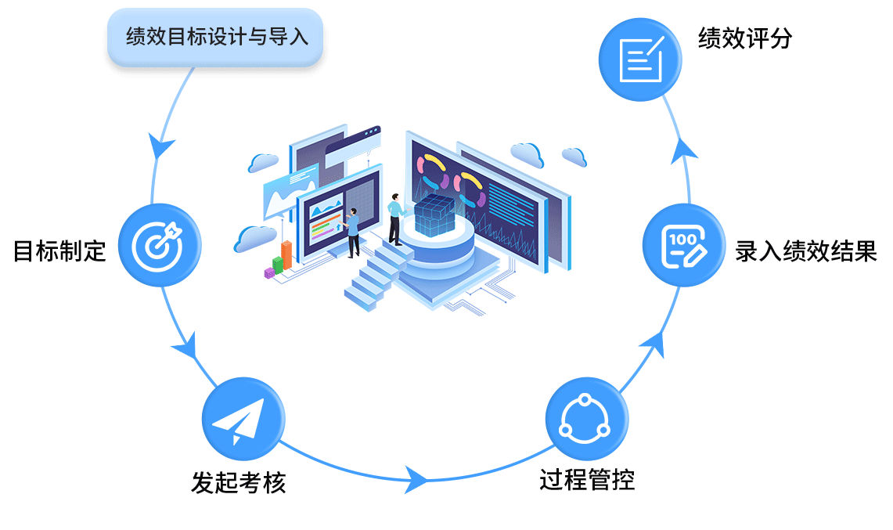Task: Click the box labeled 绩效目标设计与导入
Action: (215, 37)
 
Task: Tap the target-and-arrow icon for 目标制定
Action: (160, 244)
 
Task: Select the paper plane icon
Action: (243, 417)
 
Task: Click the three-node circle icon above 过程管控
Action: (585, 420)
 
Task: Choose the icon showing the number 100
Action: (683, 245)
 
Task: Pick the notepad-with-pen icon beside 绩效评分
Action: (639, 60)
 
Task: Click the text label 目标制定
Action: (59, 251)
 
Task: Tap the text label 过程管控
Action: (586, 479)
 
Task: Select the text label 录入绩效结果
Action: (805, 251)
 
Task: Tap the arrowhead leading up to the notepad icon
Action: (684, 149)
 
